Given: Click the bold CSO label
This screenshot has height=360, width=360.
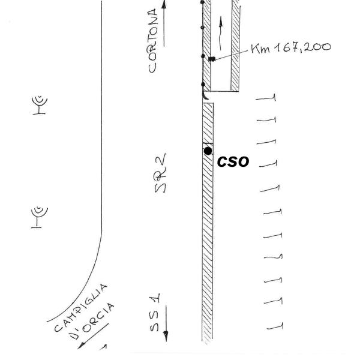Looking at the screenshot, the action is (233, 161).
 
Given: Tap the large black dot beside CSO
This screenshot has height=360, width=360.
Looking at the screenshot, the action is (208, 151).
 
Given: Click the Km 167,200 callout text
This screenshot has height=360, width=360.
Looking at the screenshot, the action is (291, 48).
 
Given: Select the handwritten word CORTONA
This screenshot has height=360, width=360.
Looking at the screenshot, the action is (152, 40).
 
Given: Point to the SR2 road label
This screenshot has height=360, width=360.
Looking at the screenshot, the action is (160, 173).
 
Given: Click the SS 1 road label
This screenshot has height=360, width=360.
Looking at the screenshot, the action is (155, 312).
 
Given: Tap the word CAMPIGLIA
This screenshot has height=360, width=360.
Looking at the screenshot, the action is (81, 308).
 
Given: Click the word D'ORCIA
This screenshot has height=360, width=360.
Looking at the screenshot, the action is (92, 321).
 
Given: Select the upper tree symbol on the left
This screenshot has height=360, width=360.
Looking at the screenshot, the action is (40, 104).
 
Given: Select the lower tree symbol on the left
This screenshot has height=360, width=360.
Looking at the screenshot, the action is (39, 217).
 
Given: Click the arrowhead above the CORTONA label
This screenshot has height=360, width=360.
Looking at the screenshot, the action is (164, 4).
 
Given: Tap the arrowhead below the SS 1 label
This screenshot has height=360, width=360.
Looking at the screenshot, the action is (166, 336).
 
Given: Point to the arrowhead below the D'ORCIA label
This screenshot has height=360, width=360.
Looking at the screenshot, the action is (82, 345).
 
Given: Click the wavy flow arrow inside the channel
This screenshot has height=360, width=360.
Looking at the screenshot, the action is (220, 33).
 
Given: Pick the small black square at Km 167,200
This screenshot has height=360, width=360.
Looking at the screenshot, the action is (212, 59).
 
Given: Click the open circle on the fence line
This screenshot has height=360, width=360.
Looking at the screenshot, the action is (202, 28).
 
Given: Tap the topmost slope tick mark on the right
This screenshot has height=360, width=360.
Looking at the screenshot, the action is (266, 98).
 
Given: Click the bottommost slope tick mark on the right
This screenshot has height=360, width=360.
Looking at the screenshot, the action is (275, 327).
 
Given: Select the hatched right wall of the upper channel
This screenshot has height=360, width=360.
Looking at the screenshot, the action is (235, 46).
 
